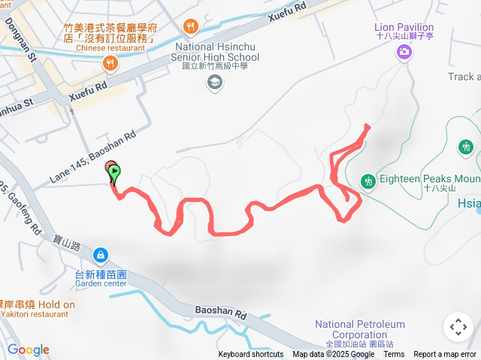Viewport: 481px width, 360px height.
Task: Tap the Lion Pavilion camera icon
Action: coord(404,51)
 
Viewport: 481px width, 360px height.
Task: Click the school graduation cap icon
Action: coord(215,82)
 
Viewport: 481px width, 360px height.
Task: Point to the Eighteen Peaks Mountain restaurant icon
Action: coord(368,181)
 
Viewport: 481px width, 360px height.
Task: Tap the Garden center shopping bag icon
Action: coord(101,256)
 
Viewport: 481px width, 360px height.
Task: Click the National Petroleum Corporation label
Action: coord(360,329)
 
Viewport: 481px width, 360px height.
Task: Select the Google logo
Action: coord(28,349)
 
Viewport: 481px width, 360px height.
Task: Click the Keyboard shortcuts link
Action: coord(251,355)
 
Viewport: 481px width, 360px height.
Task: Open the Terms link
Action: coord(394,355)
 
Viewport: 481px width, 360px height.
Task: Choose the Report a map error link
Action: coord(446,355)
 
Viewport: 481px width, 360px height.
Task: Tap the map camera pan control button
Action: coord(458,327)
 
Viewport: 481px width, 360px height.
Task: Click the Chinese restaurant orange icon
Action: coord(111,64)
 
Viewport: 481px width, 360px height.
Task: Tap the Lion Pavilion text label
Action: coord(404,28)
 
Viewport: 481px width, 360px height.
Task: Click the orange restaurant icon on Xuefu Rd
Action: coord(191,28)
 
